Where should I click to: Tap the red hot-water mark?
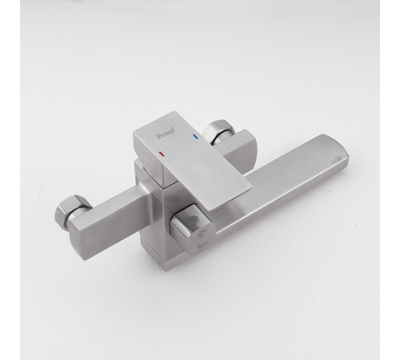[x=161, y=154]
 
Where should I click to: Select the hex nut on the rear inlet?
[x=218, y=131]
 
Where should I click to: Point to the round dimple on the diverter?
[x=193, y=220]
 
